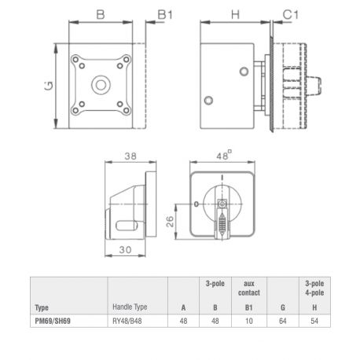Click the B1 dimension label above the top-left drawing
click(165, 15)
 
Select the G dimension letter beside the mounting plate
click(49, 86)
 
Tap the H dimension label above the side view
click(235, 15)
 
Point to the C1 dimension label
click(291, 15)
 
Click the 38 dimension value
click(130, 156)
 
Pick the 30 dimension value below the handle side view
click(126, 250)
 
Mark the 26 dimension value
click(171, 222)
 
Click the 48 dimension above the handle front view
click(222, 156)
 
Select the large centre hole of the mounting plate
click(101, 85)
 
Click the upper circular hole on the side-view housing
click(244, 72)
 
